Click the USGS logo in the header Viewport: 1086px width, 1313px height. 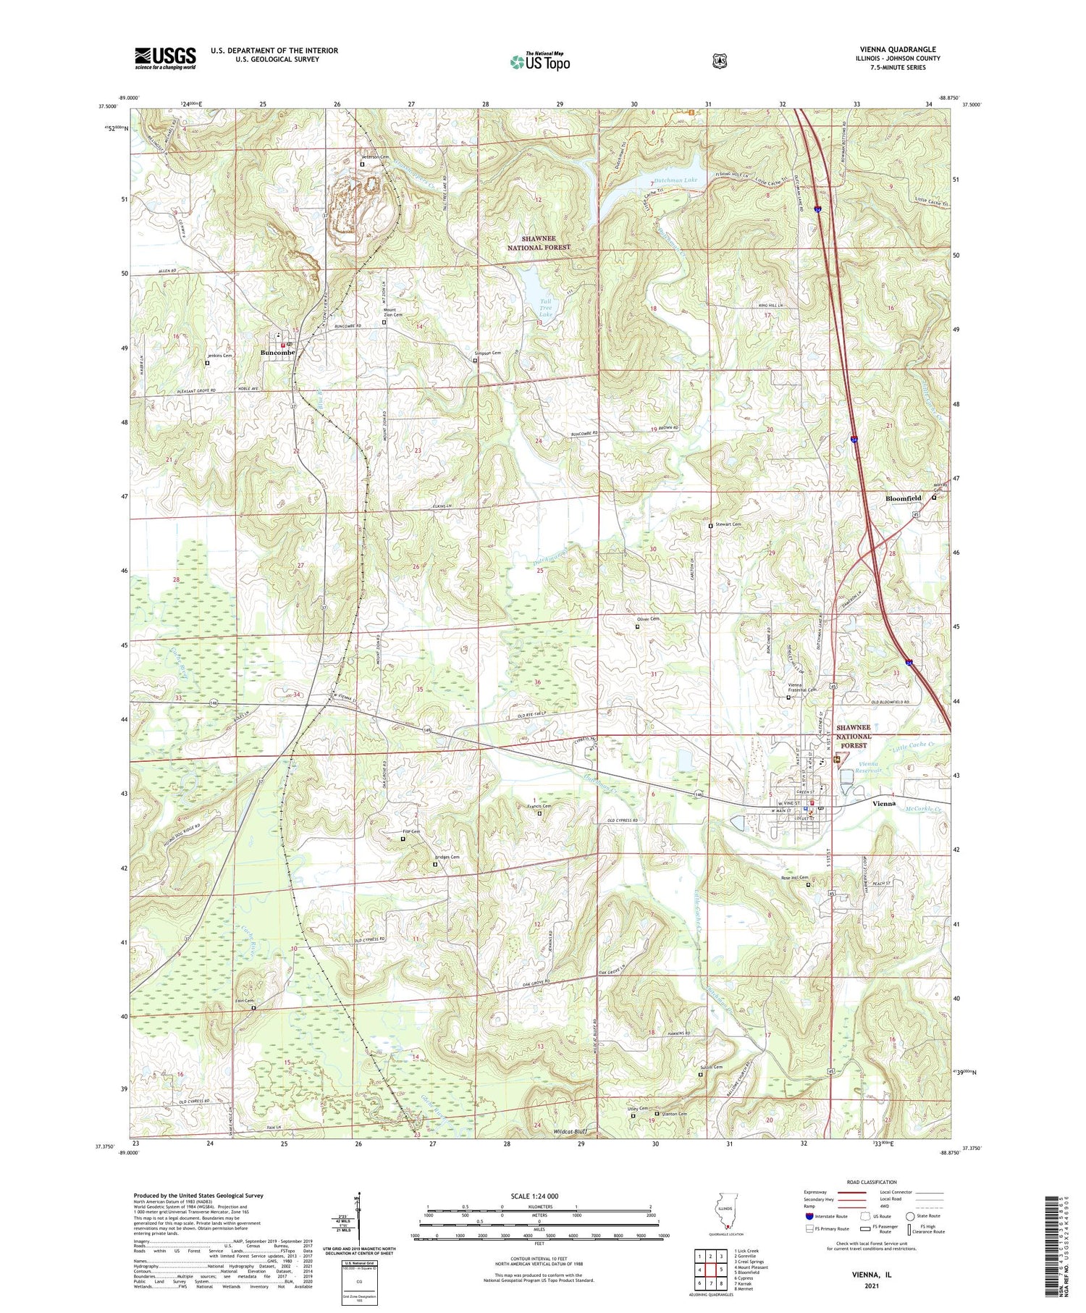coord(165,57)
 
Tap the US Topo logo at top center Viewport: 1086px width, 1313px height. coord(539,62)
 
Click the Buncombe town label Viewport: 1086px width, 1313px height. coord(277,353)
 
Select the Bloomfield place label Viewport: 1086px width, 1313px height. coord(904,498)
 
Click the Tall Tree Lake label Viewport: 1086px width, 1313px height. coord(545,308)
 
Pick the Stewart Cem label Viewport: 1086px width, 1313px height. coord(728,524)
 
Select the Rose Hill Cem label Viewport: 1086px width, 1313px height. coord(794,878)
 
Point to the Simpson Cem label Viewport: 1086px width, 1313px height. coord(487,353)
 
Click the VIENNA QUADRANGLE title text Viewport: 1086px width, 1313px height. coord(897,50)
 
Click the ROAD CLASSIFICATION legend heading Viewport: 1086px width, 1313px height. coord(873,1182)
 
